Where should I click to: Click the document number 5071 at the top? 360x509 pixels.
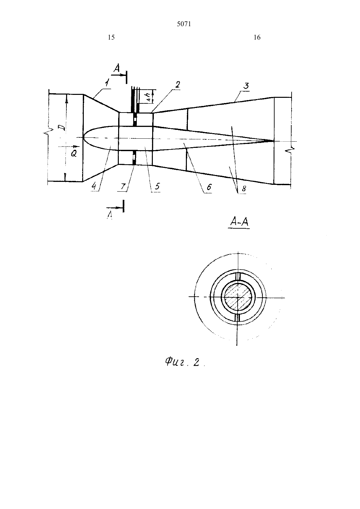click(184, 24)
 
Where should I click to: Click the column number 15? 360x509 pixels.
click(111, 37)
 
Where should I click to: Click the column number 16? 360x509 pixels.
click(257, 37)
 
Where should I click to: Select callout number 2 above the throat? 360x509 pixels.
click(177, 84)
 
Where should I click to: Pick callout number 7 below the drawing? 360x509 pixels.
click(123, 186)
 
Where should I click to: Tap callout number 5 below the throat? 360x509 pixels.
click(157, 186)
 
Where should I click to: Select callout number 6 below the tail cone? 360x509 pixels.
click(209, 187)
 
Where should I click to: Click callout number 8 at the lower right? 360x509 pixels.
click(243, 189)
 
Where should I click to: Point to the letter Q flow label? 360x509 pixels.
click(74, 154)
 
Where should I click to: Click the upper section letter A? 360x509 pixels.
click(117, 68)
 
